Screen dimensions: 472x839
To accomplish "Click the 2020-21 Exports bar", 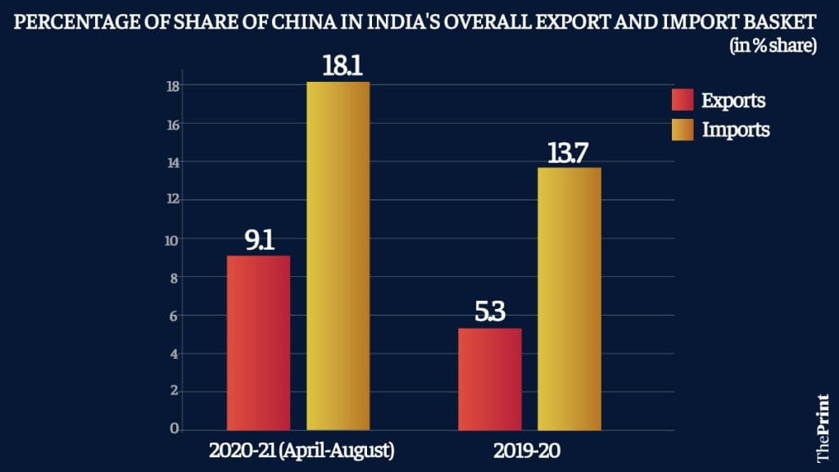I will coord(258,343).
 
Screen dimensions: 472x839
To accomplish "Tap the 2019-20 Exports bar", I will coord(489,379).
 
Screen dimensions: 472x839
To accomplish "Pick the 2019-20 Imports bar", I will coord(569,298).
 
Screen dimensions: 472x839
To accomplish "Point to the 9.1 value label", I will coord(258,242).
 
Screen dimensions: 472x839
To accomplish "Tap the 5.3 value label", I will coord(489,314).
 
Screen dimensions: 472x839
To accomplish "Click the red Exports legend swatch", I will coord(683,100).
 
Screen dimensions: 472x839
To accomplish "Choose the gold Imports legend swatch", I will coord(683,129).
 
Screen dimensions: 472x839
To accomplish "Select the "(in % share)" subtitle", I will coord(773,47).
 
